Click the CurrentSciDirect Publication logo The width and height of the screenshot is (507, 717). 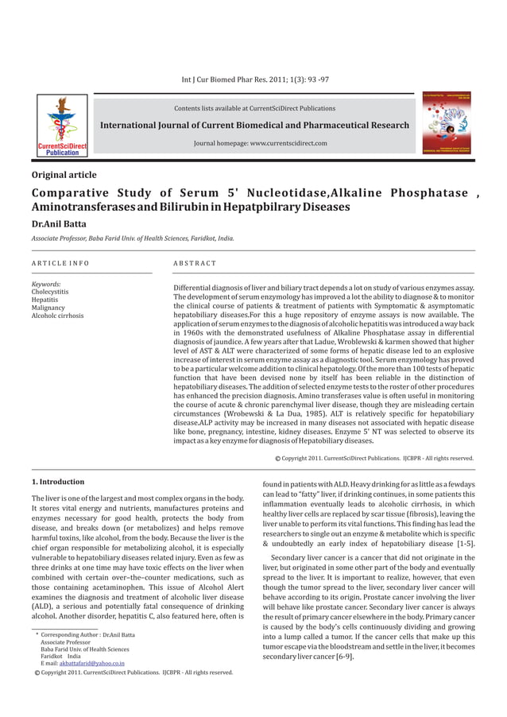tap(61, 124)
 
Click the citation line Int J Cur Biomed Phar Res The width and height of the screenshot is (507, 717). tap(255, 79)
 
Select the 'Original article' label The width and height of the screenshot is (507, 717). tap(64, 175)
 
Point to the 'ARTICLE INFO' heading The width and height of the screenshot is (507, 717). tap(60, 262)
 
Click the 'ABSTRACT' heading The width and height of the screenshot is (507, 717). tap(194, 262)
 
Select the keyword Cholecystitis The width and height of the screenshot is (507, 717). tap(49, 291)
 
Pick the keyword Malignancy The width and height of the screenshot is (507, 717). tap(48, 307)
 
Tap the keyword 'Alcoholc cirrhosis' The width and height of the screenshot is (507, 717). tap(57, 316)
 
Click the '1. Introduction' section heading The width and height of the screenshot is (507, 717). tap(57, 482)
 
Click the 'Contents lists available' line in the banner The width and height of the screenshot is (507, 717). tap(254, 108)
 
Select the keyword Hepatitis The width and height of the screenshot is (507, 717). tap(45, 299)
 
